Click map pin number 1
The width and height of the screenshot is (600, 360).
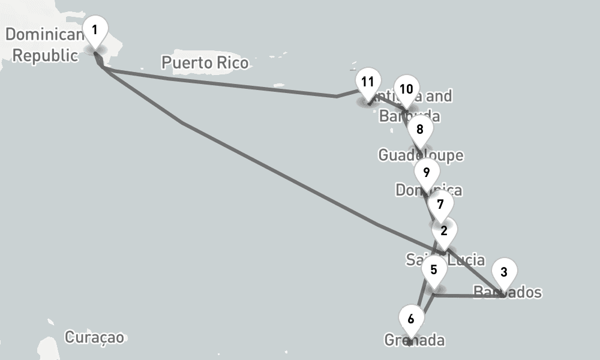[x=94, y=29]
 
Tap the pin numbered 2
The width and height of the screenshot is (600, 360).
[x=443, y=231]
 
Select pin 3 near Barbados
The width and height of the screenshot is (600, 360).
[x=504, y=272]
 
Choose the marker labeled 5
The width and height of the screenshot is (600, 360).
[x=434, y=268]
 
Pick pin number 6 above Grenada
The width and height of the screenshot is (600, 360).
[x=410, y=319]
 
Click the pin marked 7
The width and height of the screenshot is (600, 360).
[x=440, y=205]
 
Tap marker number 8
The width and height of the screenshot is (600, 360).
[x=419, y=129]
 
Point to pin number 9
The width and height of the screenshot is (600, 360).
[x=426, y=173]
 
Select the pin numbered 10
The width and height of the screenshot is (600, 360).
[x=406, y=89]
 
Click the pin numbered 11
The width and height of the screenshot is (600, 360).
[x=368, y=82]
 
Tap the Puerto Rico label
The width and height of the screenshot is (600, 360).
[x=205, y=62]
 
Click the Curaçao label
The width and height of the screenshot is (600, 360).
[x=95, y=337]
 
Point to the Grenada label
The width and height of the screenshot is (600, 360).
[x=415, y=341]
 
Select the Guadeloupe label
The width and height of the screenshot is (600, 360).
[x=421, y=155]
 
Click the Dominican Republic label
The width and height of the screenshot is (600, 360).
[x=45, y=45]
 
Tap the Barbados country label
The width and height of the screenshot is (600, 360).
[x=508, y=293]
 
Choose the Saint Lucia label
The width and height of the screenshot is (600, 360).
[x=445, y=260]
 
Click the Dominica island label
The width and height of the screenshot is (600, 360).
[x=428, y=191]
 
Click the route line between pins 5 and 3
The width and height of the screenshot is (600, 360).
[x=468, y=296]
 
